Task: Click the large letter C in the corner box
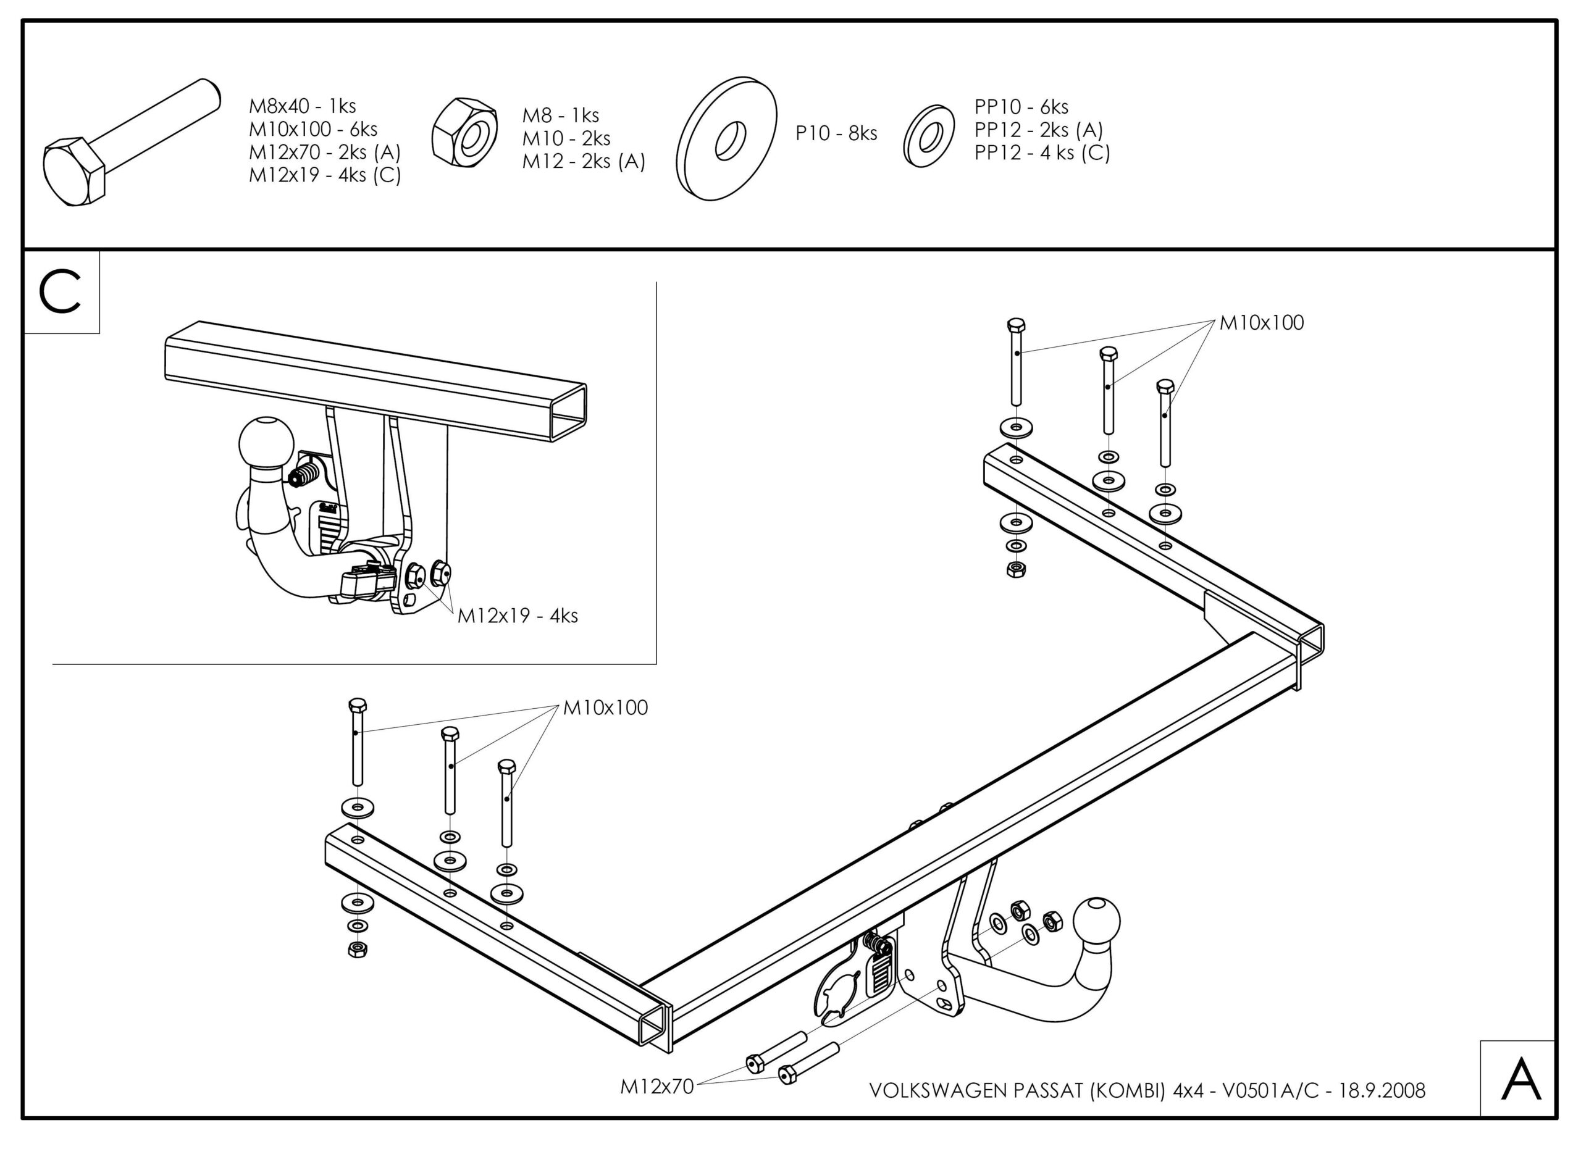[x=61, y=293]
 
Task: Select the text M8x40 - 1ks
[x=303, y=106]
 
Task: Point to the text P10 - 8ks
[x=836, y=133]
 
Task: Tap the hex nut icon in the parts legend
[x=464, y=132]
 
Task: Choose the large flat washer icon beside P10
[x=726, y=139]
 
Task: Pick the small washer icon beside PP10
[x=929, y=136]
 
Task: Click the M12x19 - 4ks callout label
[x=518, y=616]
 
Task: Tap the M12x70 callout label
[x=656, y=1086]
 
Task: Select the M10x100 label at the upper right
[x=1262, y=323]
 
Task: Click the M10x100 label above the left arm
[x=605, y=708]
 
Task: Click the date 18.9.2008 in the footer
[x=1382, y=1090]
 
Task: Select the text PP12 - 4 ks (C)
[x=1042, y=152]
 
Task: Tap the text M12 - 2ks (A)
[x=584, y=161]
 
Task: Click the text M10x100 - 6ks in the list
[x=313, y=130]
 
